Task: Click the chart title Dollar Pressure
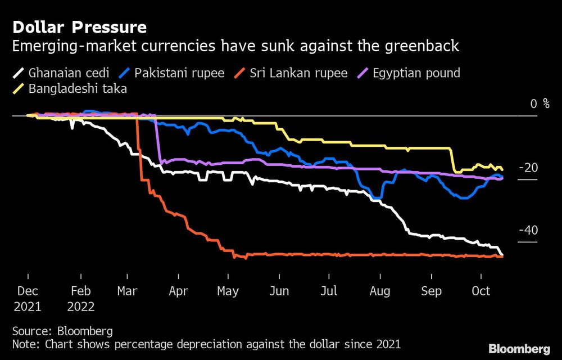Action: pyautogui.click(x=79, y=27)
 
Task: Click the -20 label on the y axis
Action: pyautogui.click(x=528, y=168)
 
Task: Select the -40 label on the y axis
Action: pyautogui.click(x=528, y=231)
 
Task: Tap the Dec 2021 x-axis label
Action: pyautogui.click(x=28, y=299)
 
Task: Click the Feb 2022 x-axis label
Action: pyautogui.click(x=81, y=299)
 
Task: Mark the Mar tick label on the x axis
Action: pyautogui.click(x=128, y=291)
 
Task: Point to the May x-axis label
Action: pyautogui.click(x=228, y=291)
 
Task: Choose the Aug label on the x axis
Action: pyautogui.click(x=380, y=291)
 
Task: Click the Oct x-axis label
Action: pyautogui.click(x=481, y=291)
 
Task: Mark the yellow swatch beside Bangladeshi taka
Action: pyautogui.click(x=19, y=88)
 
